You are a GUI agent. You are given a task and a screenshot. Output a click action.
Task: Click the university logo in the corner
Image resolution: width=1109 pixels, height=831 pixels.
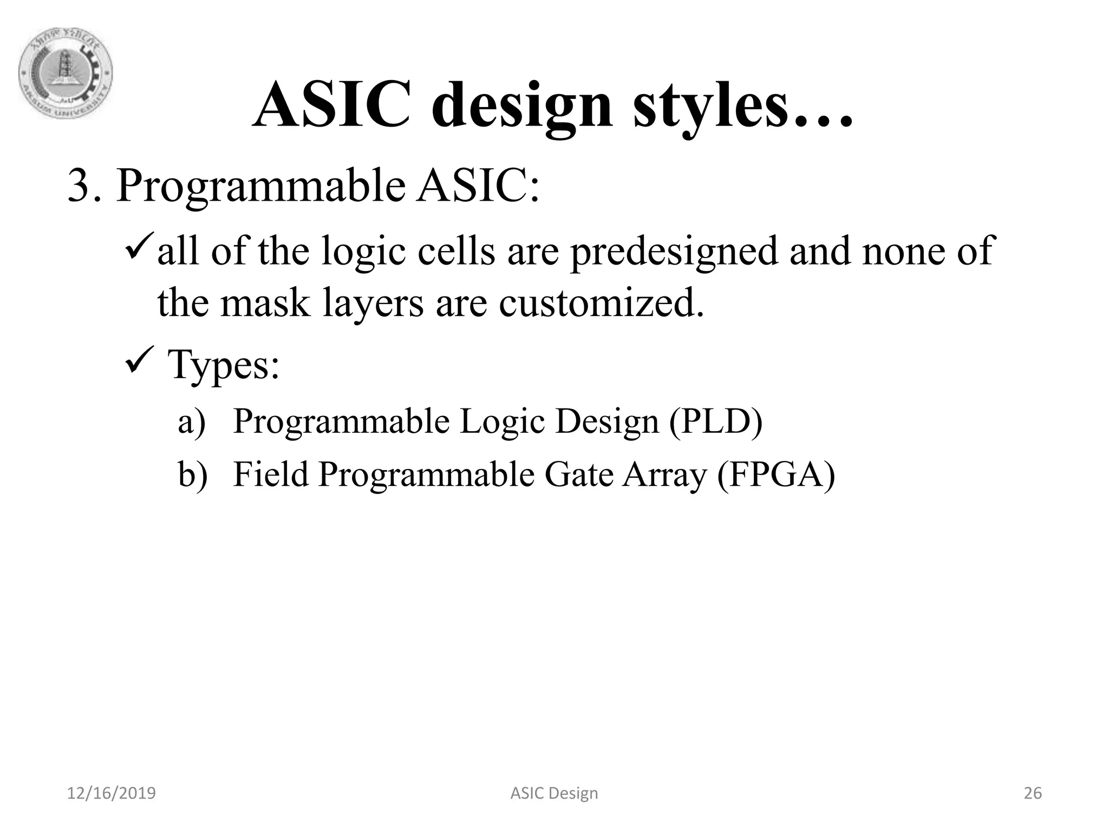click(x=66, y=72)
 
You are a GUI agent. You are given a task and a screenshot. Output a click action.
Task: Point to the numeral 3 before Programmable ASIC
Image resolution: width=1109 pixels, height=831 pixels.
click(x=79, y=186)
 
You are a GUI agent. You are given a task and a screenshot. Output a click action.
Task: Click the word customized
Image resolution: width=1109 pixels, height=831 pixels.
click(x=601, y=302)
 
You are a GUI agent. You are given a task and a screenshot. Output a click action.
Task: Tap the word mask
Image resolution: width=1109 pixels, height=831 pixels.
click(x=265, y=302)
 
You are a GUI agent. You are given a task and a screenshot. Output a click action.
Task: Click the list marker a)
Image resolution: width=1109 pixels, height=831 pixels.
click(x=192, y=422)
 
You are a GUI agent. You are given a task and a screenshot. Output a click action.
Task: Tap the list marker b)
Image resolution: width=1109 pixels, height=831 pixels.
click(x=193, y=474)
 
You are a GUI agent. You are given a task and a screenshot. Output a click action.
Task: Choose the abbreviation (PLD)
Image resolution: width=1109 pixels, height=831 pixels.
click(x=715, y=422)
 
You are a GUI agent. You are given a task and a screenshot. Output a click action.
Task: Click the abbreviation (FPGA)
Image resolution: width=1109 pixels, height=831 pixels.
click(x=775, y=474)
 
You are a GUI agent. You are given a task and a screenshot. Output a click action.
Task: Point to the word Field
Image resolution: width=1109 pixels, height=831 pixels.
click(x=270, y=474)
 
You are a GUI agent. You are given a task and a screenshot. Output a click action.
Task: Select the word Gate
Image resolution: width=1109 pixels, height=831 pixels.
click(x=578, y=474)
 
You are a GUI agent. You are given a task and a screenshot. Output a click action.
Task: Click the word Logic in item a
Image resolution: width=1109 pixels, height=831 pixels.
click(x=502, y=422)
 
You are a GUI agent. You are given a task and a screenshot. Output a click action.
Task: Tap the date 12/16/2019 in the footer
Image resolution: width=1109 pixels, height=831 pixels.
click(x=111, y=793)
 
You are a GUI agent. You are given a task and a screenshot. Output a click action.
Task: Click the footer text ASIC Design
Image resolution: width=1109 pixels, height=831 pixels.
click(x=554, y=793)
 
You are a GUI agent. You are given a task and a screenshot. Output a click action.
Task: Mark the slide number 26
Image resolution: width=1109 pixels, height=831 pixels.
click(x=1033, y=793)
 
